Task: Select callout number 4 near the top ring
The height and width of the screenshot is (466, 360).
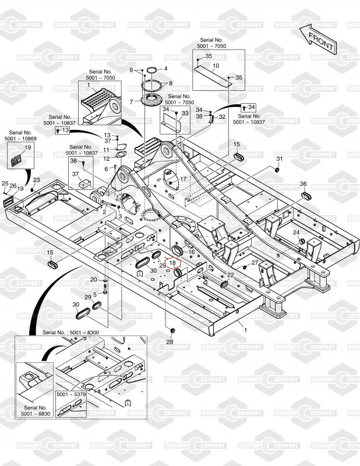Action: coord(165,69)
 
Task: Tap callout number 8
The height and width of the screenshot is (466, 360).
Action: coord(171,83)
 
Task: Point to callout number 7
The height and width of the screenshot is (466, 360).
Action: coord(132,102)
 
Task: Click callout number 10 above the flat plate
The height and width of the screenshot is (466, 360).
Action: coord(216,66)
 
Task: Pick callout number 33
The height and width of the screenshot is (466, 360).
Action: coord(185,113)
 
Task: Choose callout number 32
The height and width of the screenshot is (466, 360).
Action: coord(222,117)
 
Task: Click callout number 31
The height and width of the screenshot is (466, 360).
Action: coord(279,159)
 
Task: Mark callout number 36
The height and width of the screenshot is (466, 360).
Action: coord(303,184)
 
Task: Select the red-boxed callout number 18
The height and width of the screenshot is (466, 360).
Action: coord(172,263)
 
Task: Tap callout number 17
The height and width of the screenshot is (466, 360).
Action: coord(183,179)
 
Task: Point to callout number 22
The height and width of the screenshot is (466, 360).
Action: coord(231,275)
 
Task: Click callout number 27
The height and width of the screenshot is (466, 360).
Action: coord(255,263)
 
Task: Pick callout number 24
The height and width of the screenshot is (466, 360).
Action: coord(296,232)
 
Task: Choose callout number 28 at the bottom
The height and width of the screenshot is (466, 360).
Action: coord(170,341)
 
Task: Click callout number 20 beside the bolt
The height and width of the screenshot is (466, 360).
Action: coord(93,280)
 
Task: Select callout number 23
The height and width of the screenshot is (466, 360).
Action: coord(36,180)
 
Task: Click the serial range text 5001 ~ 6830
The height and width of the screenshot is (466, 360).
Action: coord(34,414)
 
